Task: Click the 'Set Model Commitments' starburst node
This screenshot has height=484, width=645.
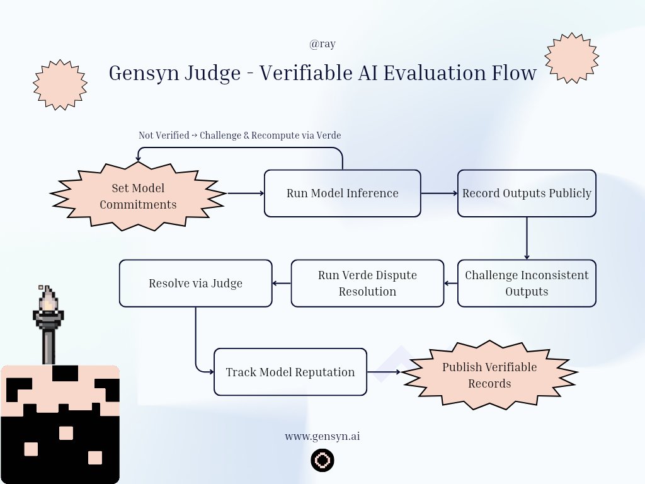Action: (x=138, y=195)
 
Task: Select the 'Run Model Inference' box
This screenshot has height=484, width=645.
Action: (x=342, y=193)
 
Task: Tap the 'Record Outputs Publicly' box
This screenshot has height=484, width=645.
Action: (x=527, y=193)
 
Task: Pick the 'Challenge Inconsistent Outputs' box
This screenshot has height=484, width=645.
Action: (x=527, y=284)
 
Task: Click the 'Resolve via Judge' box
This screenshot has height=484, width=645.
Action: (x=195, y=284)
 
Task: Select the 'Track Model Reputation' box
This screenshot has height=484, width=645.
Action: (x=290, y=372)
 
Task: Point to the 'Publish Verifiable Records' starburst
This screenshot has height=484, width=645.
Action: (x=489, y=375)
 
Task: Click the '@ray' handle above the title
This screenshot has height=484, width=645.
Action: (x=322, y=44)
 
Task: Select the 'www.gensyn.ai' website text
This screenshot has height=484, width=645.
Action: (x=322, y=436)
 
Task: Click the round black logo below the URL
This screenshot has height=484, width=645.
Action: (x=322, y=461)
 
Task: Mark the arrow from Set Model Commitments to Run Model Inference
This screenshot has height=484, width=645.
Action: (x=245, y=193)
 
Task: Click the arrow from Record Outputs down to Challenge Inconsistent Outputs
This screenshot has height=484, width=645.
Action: (x=527, y=238)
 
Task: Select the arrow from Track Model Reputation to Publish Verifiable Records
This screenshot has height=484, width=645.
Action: (x=384, y=372)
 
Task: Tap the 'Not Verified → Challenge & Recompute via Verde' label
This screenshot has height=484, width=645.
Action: (x=239, y=135)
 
